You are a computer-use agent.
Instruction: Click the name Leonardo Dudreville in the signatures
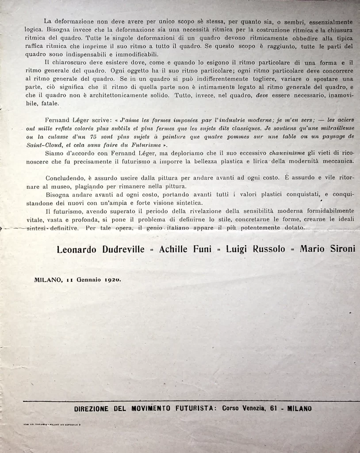[100, 249]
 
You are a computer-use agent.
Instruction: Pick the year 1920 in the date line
[112, 280]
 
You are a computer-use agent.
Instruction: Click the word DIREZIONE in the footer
[91, 409]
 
